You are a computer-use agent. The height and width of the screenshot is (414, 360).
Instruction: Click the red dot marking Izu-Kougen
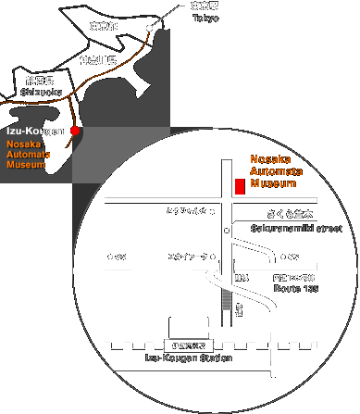pyautogui.click(x=76, y=131)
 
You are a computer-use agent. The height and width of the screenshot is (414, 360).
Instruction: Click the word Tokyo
pyautogui.click(x=205, y=19)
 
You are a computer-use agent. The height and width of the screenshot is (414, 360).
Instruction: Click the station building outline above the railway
pyautogui.click(x=189, y=326)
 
